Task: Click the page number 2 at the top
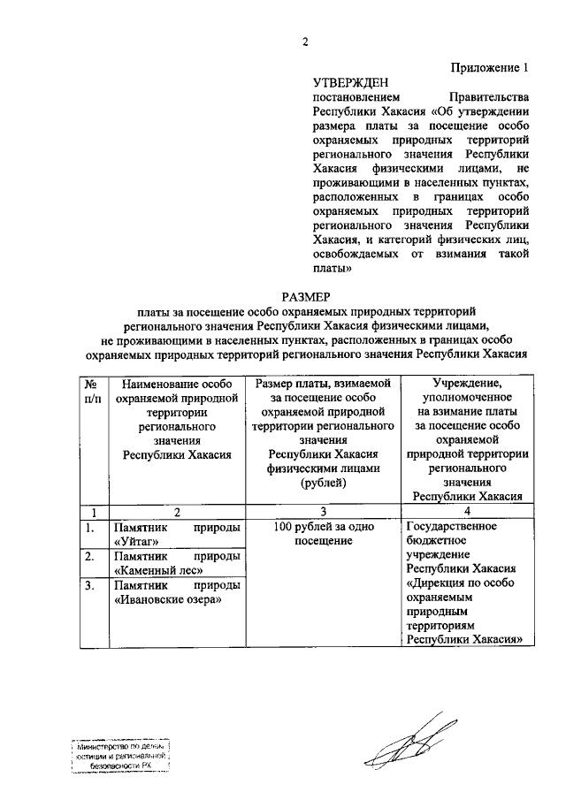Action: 304,42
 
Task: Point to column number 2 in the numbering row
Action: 177,511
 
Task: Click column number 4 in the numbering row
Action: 469,511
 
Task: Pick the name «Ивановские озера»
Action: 167,599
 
